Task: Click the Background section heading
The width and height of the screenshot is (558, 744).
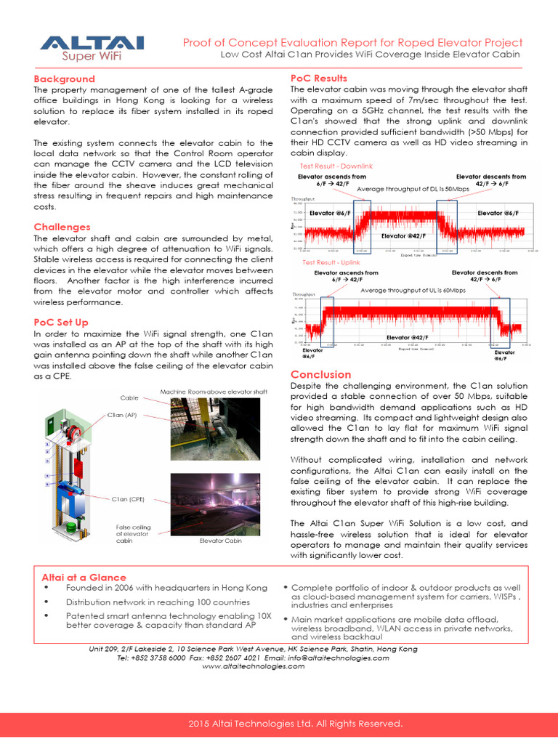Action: [65, 78]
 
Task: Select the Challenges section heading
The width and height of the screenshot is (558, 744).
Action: [62, 227]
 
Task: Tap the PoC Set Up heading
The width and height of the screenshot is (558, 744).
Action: [61, 322]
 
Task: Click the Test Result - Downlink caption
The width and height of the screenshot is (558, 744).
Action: [331, 166]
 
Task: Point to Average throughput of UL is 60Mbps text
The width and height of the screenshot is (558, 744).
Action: [413, 290]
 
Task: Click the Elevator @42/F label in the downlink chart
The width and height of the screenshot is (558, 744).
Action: [403, 236]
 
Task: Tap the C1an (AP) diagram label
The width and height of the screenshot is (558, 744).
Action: [121, 415]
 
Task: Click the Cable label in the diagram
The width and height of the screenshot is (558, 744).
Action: [129, 397]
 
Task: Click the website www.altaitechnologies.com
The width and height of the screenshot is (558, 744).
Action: [253, 666]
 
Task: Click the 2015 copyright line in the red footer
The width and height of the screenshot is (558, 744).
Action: [295, 724]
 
